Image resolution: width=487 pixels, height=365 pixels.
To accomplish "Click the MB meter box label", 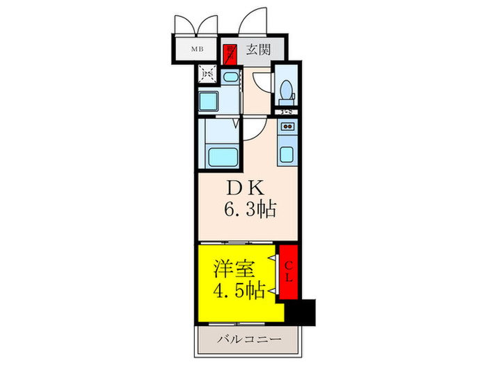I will tap(198, 50).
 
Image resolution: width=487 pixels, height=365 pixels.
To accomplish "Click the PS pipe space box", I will tap(207, 72).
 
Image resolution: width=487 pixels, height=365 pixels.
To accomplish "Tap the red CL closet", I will tap(289, 272).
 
